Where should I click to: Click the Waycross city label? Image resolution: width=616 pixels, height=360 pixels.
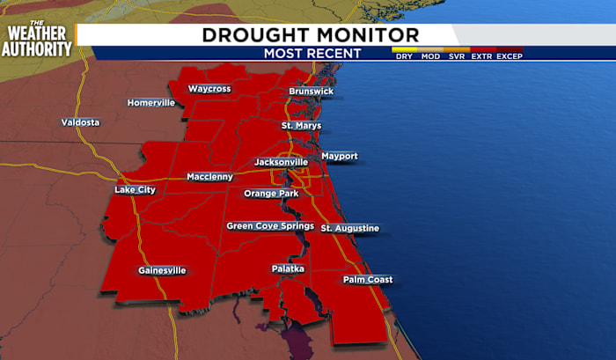(x=209, y=89)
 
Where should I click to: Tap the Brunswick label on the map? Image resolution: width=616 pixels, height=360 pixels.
(x=312, y=92)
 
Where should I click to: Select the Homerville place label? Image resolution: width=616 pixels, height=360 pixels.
(x=152, y=103)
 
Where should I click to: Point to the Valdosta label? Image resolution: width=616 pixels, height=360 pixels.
(x=80, y=121)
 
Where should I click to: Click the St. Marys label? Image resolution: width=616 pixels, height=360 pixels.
(x=301, y=126)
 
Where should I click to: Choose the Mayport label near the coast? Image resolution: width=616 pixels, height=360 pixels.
(x=340, y=156)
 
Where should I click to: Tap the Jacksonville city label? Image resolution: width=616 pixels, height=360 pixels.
(x=281, y=163)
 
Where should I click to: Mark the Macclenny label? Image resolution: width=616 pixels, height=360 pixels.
(x=209, y=177)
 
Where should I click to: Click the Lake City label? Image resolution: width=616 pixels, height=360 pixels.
(x=135, y=190)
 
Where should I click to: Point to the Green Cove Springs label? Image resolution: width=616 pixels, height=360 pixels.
(x=270, y=226)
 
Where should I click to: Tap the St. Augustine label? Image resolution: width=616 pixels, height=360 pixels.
(x=349, y=229)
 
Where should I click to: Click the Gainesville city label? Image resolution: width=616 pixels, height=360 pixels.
(x=162, y=270)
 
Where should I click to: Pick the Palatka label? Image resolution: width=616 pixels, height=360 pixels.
(x=288, y=268)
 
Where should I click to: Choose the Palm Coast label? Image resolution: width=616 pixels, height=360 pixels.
(x=368, y=280)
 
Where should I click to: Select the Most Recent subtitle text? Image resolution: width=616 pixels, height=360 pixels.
(x=312, y=54)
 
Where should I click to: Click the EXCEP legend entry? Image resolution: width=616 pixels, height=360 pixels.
(x=510, y=56)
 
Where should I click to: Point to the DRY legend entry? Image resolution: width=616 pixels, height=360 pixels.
(x=404, y=56)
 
